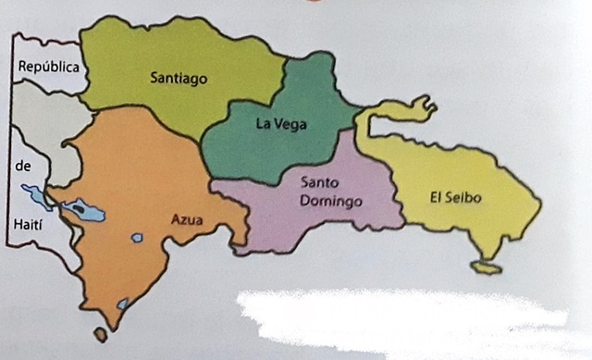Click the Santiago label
[179, 79]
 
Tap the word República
[48, 68]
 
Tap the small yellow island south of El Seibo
[486, 267]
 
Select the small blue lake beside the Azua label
[137, 238]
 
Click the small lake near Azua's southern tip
[122, 304]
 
